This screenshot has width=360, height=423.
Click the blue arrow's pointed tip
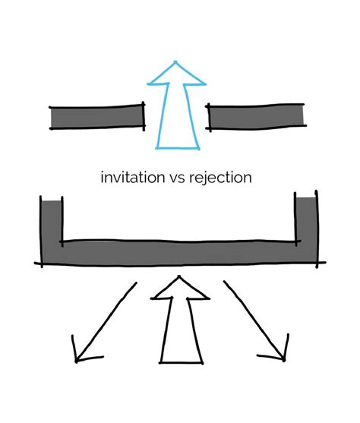[176, 62]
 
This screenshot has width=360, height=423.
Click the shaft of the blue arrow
[176, 114]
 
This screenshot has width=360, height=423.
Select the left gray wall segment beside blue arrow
[96, 116]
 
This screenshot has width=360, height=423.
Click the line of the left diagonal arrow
[106, 319]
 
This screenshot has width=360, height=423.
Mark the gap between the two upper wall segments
[176, 116]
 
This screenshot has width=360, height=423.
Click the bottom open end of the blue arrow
[176, 146]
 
